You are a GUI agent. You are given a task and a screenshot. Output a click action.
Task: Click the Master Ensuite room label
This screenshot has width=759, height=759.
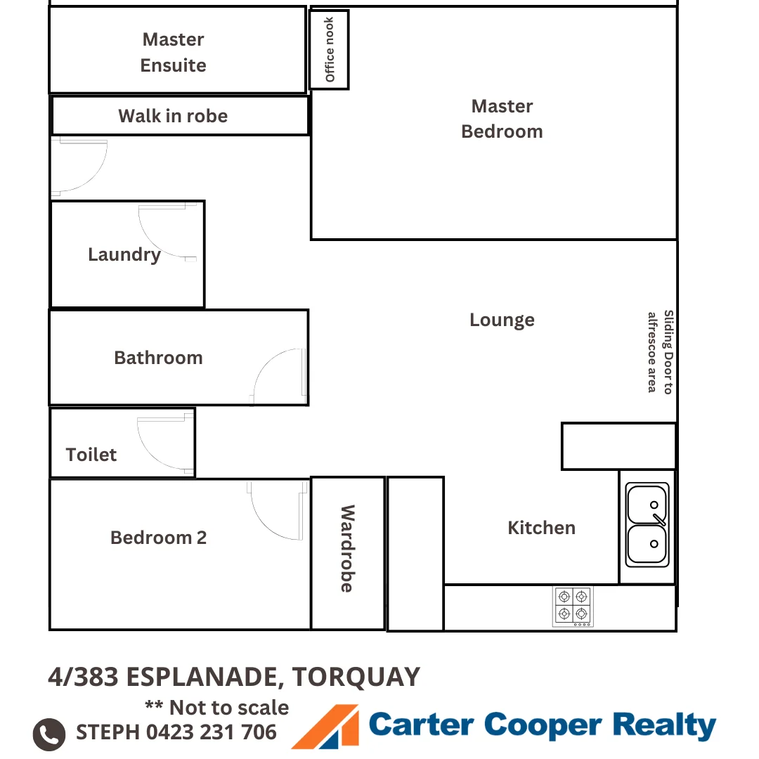[x=174, y=52]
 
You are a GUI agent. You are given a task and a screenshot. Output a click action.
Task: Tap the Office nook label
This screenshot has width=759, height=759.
[x=330, y=50]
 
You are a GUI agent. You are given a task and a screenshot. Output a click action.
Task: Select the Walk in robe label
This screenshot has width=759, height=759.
[x=173, y=116]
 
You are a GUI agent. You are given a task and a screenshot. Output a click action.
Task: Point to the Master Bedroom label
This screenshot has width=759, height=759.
[x=502, y=119]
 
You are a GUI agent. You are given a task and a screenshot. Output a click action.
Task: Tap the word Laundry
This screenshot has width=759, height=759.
[x=124, y=254]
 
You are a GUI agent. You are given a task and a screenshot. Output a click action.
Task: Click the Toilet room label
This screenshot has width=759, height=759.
[x=91, y=455]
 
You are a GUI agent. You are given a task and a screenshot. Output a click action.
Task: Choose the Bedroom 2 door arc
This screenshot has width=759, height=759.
[x=278, y=510]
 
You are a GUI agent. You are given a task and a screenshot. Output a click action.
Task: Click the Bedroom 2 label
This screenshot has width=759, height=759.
[x=159, y=538]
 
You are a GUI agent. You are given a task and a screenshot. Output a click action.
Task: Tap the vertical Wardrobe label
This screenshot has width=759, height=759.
[x=347, y=549]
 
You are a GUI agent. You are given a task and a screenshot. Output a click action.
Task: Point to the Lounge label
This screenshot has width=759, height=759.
[x=502, y=320]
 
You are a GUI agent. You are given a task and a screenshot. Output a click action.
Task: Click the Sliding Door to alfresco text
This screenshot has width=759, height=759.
[x=661, y=352]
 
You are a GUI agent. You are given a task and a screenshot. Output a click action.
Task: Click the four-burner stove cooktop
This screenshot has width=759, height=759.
[x=573, y=606]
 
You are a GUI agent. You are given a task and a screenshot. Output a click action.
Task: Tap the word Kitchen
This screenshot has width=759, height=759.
[x=541, y=528]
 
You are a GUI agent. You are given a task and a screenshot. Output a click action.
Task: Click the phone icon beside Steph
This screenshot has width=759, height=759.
[x=49, y=734]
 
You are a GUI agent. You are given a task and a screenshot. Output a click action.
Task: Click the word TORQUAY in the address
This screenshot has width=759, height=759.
[x=356, y=677]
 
